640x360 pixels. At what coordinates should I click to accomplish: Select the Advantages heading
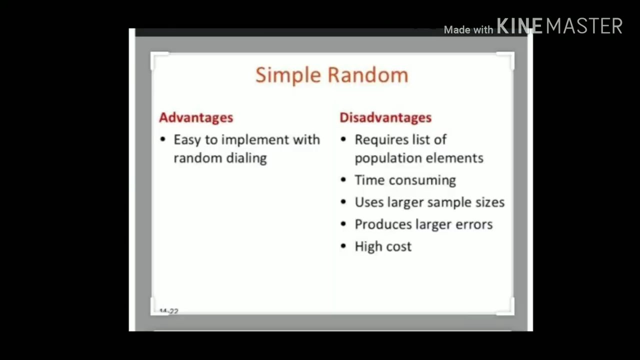click(x=196, y=117)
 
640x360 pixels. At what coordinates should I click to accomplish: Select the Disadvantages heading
click(x=385, y=117)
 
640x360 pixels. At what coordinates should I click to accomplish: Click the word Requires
click(x=379, y=140)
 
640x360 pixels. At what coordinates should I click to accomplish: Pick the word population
click(x=385, y=158)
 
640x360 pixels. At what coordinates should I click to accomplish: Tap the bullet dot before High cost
click(x=343, y=246)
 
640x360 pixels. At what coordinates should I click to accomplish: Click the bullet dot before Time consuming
click(x=343, y=180)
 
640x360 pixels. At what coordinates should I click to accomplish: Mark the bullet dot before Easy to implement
click(x=162, y=139)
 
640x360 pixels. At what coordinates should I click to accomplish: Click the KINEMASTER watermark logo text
click(x=559, y=26)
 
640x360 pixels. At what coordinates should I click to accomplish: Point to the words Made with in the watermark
click(x=468, y=30)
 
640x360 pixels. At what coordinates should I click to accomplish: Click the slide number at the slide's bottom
click(x=169, y=311)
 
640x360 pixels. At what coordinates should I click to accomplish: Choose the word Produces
click(x=381, y=224)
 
